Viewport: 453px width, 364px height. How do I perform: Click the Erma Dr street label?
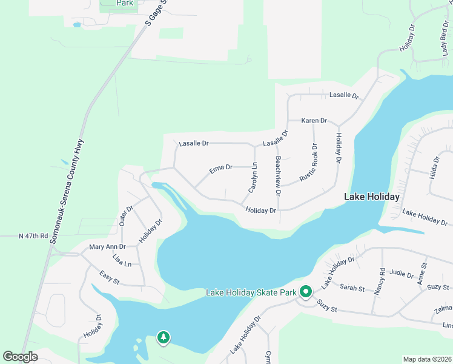pos(221,168)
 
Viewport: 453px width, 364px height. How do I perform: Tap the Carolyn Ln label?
pos(253,178)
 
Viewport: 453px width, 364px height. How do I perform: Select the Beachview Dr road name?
pos(277,176)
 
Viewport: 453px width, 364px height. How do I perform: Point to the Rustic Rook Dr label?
pos(308,163)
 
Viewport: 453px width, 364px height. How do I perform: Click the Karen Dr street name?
pos(314,121)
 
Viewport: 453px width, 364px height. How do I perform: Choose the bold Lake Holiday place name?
pos(371,197)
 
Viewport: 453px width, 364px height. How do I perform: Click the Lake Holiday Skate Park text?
pos(251,293)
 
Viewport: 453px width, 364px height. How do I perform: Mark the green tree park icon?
pos(163,338)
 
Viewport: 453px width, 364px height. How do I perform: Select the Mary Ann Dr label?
pos(107,247)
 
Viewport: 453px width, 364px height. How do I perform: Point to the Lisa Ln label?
pos(122,261)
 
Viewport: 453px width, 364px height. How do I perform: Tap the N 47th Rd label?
pos(33,235)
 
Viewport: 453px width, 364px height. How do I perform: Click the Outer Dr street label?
pos(125,215)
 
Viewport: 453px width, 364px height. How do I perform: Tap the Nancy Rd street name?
pos(379,281)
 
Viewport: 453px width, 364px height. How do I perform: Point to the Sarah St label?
pos(352,287)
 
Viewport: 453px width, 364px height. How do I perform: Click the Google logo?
pos(21,356)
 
